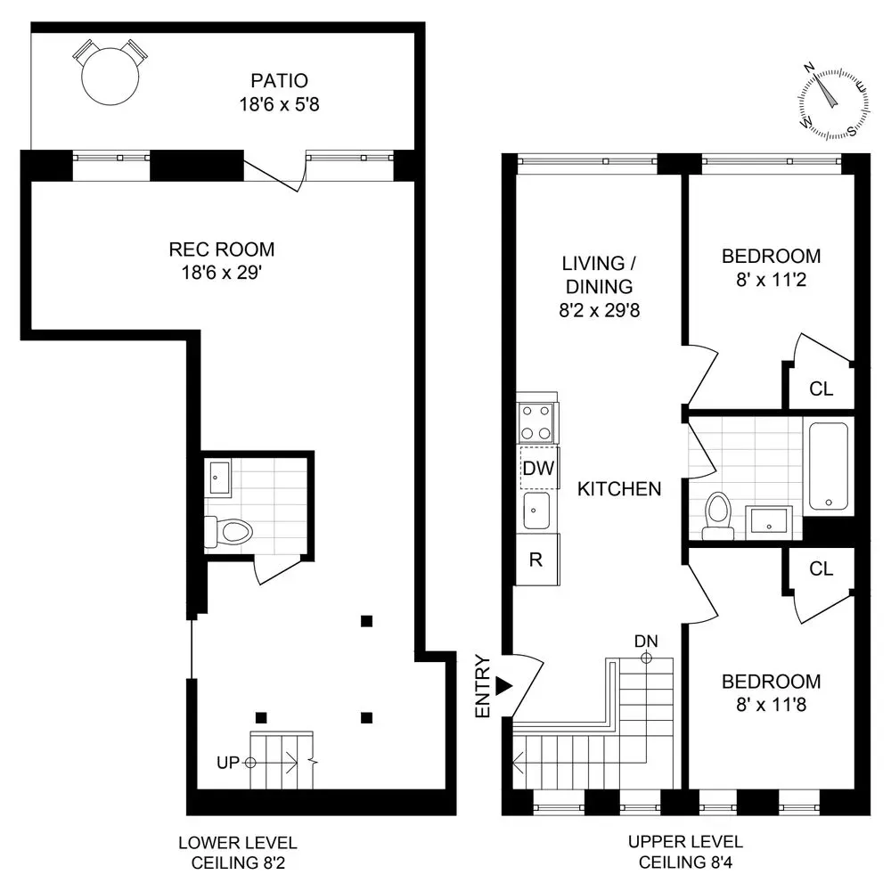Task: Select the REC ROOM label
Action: pos(223,249)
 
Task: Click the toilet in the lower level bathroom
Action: pos(231,532)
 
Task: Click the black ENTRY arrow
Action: pos(504,685)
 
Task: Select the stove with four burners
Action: pos(537,422)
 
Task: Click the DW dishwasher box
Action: pos(537,467)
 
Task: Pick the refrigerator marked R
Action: pos(537,560)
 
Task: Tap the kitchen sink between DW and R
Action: pos(536,511)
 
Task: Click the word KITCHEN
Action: pos(618,488)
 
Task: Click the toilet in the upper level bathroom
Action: pos(716,517)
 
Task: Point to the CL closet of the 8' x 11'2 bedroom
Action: pos(821,388)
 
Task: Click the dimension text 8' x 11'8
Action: pos(771,704)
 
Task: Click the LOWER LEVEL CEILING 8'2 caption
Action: pos(238,852)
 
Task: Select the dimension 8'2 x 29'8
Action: pos(597,311)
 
